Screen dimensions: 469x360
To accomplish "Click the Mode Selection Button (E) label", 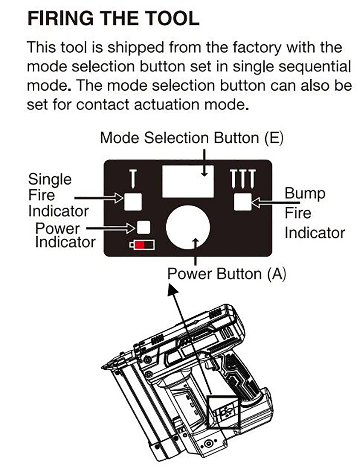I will [x=191, y=138].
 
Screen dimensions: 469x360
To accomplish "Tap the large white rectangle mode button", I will [x=188, y=181].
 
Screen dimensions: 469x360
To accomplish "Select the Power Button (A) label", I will [x=226, y=274].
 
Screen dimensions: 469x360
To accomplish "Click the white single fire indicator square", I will [x=133, y=202].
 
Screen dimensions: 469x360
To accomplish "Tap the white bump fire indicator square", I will [x=243, y=202].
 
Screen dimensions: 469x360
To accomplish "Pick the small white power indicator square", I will [x=144, y=227].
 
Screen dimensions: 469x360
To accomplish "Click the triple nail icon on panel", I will [x=243, y=179].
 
